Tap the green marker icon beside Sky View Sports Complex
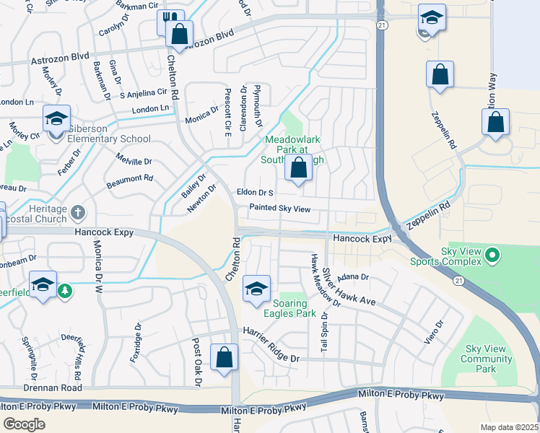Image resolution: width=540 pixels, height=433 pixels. pos(493,254)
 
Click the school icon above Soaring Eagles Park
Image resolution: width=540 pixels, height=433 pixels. pos(256,289)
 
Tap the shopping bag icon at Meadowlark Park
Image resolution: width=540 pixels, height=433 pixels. pos(298,168)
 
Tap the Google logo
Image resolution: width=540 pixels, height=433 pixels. pos(24,424)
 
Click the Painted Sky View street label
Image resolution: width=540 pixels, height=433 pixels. pos(279,209)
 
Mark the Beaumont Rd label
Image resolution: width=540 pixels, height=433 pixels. pos(130,179)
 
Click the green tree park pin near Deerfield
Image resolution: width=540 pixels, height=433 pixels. pos(66,289)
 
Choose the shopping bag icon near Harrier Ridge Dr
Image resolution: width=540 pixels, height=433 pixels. pos(224,357)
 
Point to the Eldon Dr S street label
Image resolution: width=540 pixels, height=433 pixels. pos(256,193)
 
